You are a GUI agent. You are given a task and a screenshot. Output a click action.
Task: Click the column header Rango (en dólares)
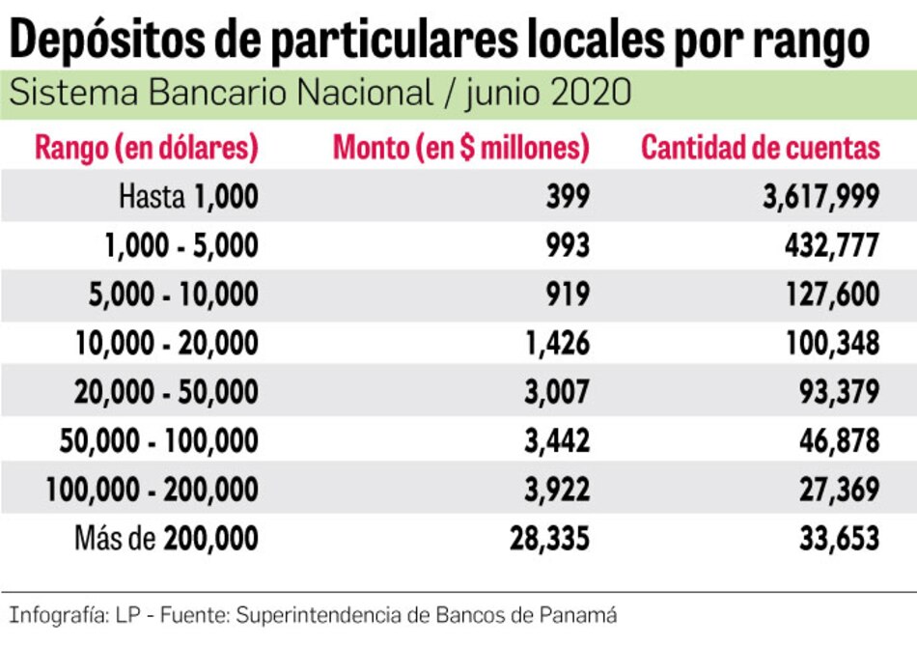click(x=147, y=148)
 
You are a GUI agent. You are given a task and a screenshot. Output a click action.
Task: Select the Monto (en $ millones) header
click(x=460, y=148)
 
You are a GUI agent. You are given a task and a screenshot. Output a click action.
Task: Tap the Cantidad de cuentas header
click(x=761, y=148)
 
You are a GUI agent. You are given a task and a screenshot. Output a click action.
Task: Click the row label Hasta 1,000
click(x=188, y=197)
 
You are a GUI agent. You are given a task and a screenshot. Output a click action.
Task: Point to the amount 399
click(x=567, y=197)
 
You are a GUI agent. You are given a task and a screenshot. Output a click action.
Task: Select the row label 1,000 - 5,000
click(x=181, y=245)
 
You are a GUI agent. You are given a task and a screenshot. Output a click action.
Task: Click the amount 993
click(x=567, y=245)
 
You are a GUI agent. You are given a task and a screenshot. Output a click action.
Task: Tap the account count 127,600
click(x=831, y=294)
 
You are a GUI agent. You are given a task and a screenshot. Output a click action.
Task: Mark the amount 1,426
click(x=557, y=343)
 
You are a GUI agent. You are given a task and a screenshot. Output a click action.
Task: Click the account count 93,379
click(x=837, y=392)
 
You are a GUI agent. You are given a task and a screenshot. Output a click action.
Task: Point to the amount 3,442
click(x=555, y=440)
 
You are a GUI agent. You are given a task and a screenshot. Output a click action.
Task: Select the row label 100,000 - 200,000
click(x=153, y=490)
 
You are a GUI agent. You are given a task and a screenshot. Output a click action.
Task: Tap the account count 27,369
click(x=837, y=490)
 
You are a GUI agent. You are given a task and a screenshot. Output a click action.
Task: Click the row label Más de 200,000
click(x=167, y=538)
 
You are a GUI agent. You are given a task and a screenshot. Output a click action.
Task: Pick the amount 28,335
click(x=549, y=538)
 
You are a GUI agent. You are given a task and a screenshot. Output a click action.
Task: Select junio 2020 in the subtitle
click(x=548, y=94)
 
